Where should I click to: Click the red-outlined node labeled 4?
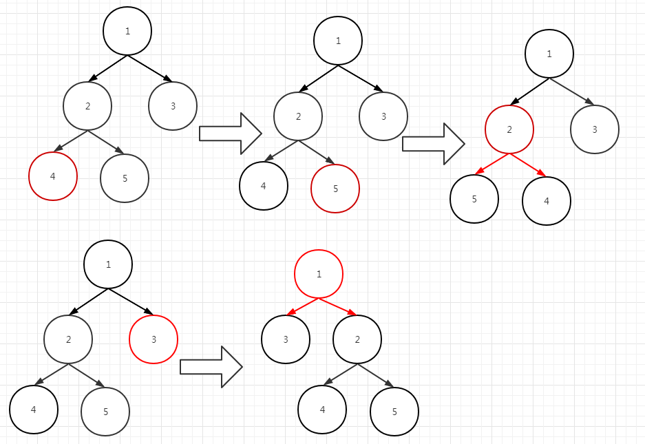point(53,176)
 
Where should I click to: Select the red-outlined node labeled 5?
point(335,188)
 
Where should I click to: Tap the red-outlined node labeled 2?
point(509,130)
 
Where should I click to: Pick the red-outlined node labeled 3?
point(154,339)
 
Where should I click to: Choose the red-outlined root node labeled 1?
point(319,274)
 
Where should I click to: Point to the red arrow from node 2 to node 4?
point(527,165)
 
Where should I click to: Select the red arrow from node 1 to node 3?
point(302,307)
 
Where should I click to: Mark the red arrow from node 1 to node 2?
point(337,307)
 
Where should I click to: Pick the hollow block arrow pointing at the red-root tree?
point(211,366)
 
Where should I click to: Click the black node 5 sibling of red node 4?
point(125,178)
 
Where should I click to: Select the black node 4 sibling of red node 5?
point(264,185)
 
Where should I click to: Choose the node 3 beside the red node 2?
point(595,129)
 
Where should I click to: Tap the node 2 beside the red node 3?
point(68,339)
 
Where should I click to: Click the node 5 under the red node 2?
point(474,199)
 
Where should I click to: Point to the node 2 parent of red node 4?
point(87,105)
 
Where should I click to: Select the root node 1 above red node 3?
point(108,264)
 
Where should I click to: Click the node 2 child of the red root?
point(357,339)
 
